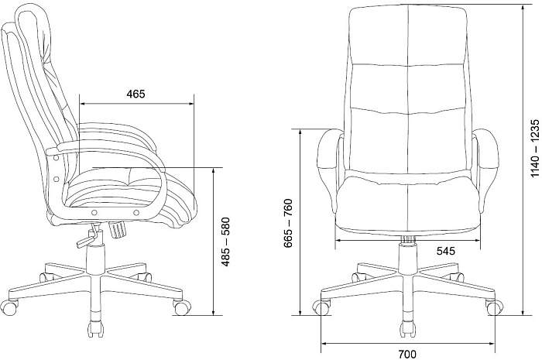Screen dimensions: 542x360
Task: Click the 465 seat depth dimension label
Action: coord(135,94)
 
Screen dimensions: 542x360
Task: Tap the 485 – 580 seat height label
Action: coord(225,242)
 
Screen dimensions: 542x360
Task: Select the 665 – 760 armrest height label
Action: coord(288,224)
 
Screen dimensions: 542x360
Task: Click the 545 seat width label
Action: coord(445,251)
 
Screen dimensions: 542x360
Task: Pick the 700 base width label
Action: coord(407,354)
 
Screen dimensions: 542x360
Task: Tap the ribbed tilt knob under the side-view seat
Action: coord(118,230)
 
